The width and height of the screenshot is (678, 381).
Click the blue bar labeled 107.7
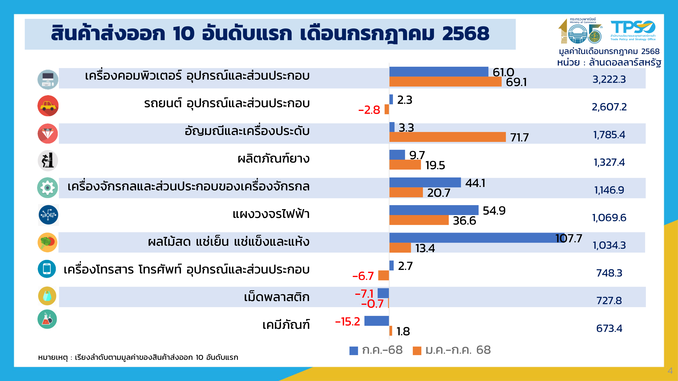(476, 238)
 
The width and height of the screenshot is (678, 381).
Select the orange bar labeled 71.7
(447, 137)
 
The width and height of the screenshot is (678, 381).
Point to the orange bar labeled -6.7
(383, 276)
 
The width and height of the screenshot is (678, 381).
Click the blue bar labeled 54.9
(434, 210)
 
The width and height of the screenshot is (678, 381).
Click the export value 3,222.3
(609, 79)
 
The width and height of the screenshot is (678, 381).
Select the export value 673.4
(609, 328)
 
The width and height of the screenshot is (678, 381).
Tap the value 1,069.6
(609, 218)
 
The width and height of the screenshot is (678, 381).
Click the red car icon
(48, 106)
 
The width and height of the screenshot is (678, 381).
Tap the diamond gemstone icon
(48, 134)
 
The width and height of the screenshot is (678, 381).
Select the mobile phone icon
(47, 269)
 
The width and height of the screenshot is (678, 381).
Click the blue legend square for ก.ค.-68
(353, 351)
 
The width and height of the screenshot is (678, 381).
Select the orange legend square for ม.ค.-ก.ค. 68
(417, 351)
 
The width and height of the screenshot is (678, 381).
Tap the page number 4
(670, 371)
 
